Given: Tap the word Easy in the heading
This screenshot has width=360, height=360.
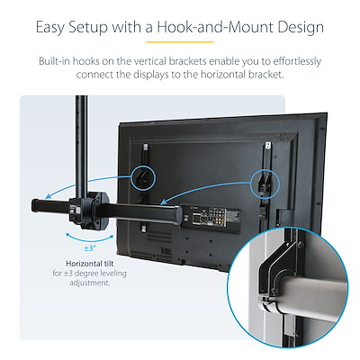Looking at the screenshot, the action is [49, 28].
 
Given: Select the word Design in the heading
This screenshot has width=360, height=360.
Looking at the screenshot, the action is [301, 28].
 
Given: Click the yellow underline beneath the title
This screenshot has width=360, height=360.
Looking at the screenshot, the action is [180, 42].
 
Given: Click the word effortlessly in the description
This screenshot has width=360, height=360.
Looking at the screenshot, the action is [297, 61].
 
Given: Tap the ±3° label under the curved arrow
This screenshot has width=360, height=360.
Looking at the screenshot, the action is [90, 248].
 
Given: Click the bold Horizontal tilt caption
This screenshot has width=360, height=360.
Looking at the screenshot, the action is [90, 264].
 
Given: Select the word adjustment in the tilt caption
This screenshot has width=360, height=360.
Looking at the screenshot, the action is [89, 283].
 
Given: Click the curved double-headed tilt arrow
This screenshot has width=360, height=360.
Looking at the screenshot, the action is [90, 240].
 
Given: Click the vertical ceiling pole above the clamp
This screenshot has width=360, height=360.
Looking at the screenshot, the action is [82, 146].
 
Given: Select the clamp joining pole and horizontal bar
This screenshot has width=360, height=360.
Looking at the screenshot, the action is [89, 211].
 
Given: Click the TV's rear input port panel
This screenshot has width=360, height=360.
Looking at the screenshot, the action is [212, 219].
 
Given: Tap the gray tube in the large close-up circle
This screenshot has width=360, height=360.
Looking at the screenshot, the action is [312, 295].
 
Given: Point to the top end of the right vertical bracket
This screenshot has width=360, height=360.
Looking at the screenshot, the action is [268, 146].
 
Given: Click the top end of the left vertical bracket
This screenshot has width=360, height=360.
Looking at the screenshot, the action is [146, 147].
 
